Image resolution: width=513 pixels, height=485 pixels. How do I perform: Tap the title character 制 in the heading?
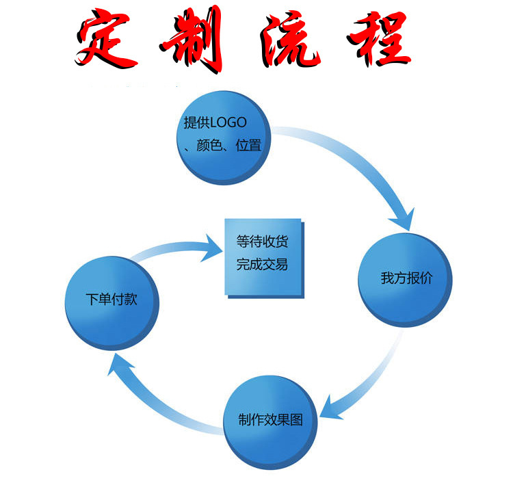click(195, 39)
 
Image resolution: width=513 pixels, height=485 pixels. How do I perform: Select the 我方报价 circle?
click(405, 279)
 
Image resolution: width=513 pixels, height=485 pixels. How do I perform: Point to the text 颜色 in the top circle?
click(210, 146)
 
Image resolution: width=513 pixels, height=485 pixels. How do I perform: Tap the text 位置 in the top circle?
click(248, 146)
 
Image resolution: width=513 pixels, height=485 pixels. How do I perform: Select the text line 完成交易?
click(262, 265)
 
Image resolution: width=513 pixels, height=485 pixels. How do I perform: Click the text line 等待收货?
click(262, 242)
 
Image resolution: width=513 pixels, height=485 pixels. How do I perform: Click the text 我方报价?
click(407, 279)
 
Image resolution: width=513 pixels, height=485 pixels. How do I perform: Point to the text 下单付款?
click(111, 300)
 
